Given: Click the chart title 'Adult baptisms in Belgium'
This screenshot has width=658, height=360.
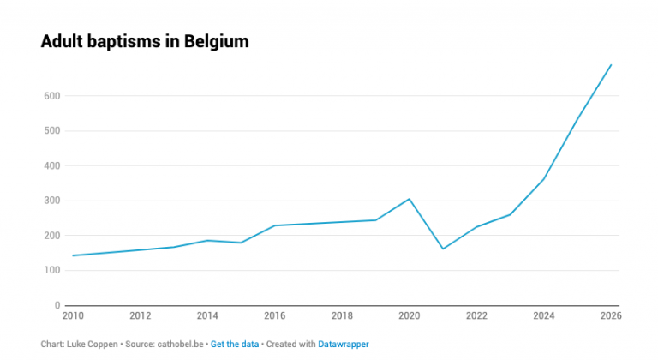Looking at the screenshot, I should coord(145,42).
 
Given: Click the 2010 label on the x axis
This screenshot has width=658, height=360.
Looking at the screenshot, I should coord(75,316).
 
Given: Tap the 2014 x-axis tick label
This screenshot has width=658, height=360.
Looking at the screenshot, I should coord(207,316).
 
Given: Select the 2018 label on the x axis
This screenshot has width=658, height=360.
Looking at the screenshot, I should coord(342,316).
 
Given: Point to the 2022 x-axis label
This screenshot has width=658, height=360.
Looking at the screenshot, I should coord(476,316).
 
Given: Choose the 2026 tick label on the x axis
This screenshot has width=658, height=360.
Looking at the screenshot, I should coord(611,316).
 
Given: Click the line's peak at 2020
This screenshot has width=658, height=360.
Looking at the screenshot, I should coord(410,199).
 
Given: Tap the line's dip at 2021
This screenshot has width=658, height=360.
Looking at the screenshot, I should coord(443,249).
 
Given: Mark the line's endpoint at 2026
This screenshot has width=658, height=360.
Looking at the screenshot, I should coord(611,64).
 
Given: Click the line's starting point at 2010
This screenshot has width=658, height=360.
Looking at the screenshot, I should coord(74,255).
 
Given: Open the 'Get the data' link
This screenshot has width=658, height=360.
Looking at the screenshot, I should coord(235,344).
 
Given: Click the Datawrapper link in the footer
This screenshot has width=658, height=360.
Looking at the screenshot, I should coord(344,344).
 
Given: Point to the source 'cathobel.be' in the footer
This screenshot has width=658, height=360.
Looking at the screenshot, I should coord(180,344).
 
